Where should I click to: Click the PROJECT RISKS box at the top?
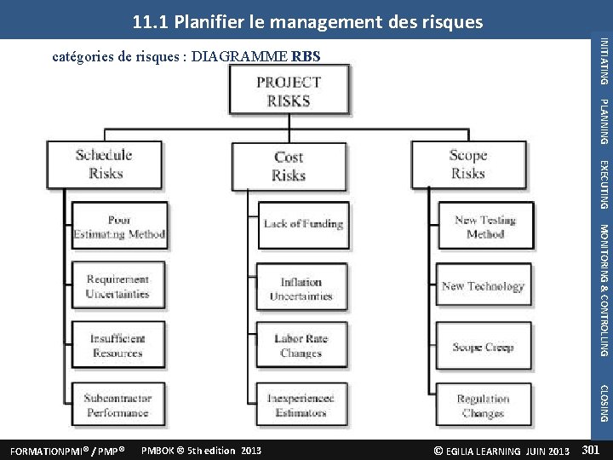(x=289, y=90)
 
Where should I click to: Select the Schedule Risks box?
(x=104, y=164)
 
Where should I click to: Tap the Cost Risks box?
(x=289, y=166)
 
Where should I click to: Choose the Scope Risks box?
(x=467, y=164)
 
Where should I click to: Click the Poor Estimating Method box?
(x=119, y=226)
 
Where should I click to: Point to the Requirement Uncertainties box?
(x=117, y=286)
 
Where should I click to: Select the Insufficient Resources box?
(x=117, y=345)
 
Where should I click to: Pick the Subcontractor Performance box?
(x=117, y=405)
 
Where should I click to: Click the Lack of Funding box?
(x=303, y=224)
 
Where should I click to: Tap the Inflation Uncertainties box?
(x=301, y=289)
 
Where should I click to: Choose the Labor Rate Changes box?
(x=301, y=345)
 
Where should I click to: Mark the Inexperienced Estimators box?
(x=301, y=405)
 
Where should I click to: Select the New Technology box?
(x=483, y=286)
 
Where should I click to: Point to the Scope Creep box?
(x=483, y=347)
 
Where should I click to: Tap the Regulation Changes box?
(x=483, y=405)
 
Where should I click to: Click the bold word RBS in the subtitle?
(x=306, y=58)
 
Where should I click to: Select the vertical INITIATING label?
(x=604, y=61)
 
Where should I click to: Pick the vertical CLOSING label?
(x=604, y=403)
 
